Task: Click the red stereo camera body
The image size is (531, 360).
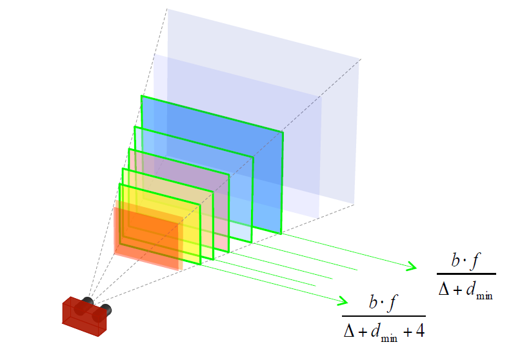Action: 83,319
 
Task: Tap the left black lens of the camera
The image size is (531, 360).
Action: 88,301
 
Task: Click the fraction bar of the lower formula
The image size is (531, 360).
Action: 384,316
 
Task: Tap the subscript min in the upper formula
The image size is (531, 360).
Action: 485,295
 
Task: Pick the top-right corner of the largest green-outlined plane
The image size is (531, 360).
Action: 283,132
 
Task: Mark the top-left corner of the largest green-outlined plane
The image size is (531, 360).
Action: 142,96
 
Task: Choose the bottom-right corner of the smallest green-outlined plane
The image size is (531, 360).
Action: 201,264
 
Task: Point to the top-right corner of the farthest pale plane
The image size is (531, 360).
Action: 360,60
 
